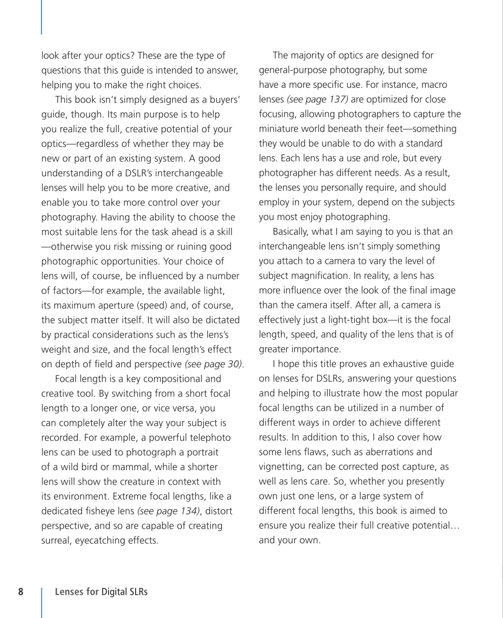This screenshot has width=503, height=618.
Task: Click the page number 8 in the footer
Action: (21, 591)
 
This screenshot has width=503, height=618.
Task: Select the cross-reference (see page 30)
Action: (214, 364)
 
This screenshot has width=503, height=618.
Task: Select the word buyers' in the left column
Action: (223, 99)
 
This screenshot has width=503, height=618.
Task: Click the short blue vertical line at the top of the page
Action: (42, 17)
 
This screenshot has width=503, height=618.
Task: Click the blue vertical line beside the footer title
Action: (42, 601)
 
